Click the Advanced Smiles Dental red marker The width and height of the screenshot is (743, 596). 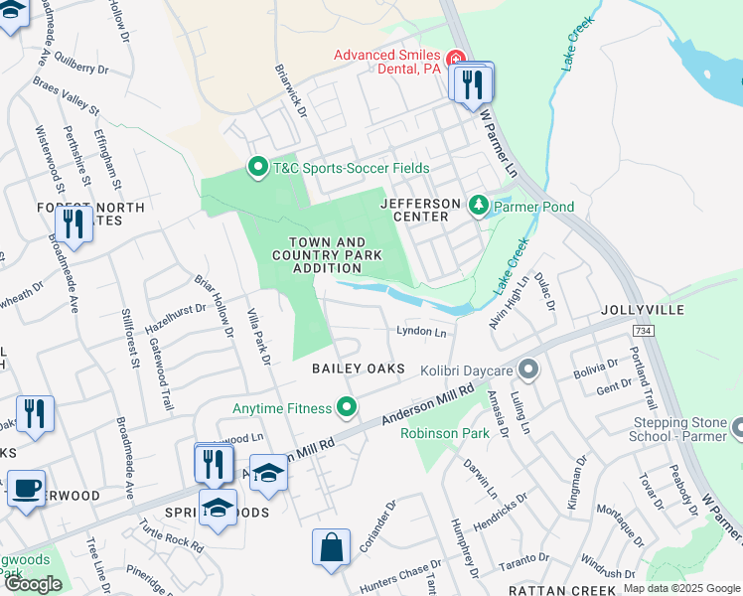tap(458, 58)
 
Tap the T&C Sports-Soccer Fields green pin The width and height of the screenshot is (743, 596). tap(258, 168)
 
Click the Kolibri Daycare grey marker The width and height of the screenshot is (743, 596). tap(528, 371)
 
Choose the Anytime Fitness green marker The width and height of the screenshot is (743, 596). tap(347, 407)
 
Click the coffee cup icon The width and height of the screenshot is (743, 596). tap(27, 489)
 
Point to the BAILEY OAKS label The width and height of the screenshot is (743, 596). tap(359, 369)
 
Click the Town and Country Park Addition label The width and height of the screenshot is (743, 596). tap(327, 255)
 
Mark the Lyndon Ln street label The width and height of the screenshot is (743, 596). tap(421, 331)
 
